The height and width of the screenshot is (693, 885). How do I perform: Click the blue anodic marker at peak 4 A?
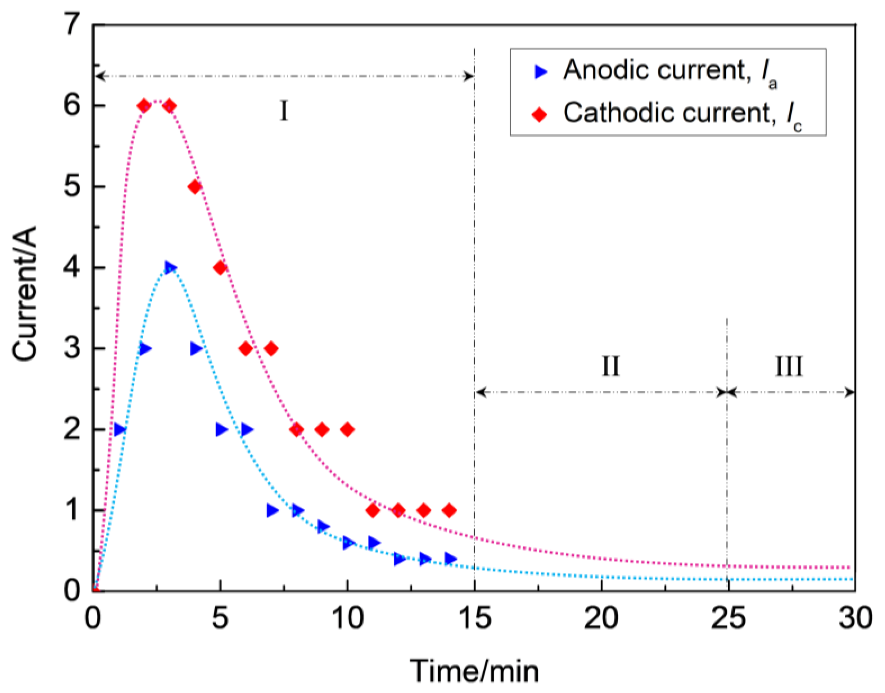[169, 267]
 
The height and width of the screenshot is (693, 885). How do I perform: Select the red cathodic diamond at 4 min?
[195, 187]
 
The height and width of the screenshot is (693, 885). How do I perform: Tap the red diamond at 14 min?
[449, 510]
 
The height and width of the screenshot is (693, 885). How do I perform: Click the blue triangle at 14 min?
[449, 559]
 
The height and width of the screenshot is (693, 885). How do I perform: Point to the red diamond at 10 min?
[347, 429]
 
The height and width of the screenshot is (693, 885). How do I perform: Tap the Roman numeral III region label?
[789, 367]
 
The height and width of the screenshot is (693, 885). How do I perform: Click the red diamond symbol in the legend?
[540, 115]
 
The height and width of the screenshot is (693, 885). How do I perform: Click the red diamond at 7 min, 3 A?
[271, 349]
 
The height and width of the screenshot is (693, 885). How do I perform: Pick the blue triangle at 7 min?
[272, 510]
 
